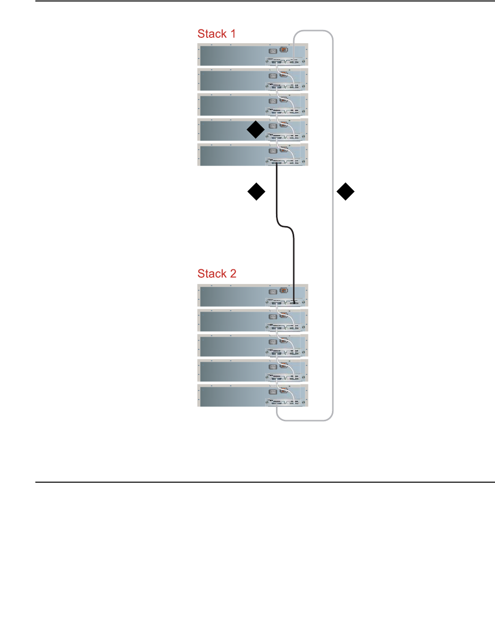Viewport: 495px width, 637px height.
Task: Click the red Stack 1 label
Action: coord(217,34)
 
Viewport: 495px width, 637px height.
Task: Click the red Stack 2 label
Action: coord(217,274)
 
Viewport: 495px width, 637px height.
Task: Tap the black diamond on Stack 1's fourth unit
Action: coord(256,130)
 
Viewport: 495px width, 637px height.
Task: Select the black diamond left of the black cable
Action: coord(256,192)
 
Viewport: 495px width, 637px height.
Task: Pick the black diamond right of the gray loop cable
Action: coord(346,192)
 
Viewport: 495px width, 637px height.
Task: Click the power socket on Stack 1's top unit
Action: coord(273,51)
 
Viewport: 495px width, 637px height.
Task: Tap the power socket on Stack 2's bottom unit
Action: coord(273,392)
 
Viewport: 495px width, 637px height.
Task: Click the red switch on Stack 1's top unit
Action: coord(284,50)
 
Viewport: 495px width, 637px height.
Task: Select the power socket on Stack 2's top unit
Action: coord(273,291)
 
